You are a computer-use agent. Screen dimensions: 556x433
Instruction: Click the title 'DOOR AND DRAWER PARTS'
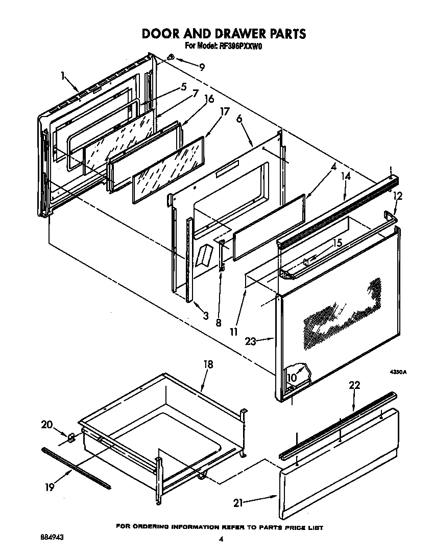223,34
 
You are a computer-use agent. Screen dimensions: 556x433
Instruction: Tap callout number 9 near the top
202,67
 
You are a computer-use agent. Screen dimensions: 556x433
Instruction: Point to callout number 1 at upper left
63,77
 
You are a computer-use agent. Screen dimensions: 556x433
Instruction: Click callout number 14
347,177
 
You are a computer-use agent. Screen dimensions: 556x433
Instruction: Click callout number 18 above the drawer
208,364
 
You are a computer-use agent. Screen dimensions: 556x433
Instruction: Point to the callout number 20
47,424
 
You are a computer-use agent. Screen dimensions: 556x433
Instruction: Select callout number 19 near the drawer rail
49,488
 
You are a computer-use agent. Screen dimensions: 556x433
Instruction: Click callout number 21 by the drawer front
238,503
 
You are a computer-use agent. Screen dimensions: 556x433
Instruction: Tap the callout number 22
354,385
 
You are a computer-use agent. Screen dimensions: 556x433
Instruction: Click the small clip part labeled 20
72,437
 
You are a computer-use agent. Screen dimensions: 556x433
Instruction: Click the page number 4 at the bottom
221,539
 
